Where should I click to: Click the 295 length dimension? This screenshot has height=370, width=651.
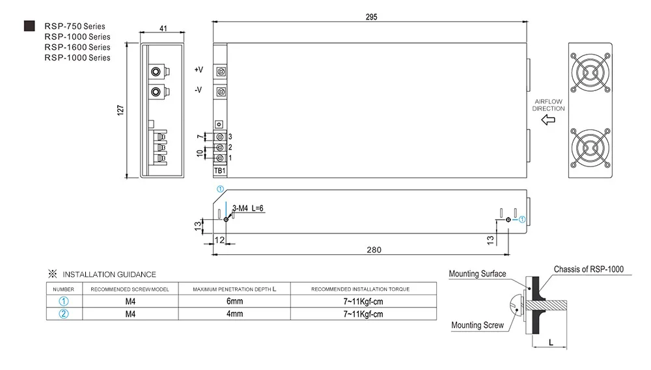tap(371, 17)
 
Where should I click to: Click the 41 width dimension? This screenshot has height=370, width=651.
tap(163, 28)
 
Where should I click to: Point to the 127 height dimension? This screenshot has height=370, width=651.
tap(120, 110)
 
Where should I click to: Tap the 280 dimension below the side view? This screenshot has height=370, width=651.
tap(374, 250)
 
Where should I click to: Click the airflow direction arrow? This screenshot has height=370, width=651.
tap(548, 120)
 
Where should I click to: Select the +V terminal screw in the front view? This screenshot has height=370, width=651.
tap(221, 72)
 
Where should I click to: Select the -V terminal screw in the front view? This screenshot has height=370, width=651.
tap(221, 92)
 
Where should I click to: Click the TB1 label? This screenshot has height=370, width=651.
tap(219, 170)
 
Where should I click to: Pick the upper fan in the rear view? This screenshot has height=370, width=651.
tap(590, 73)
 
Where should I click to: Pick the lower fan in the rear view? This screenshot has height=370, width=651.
tap(590, 148)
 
